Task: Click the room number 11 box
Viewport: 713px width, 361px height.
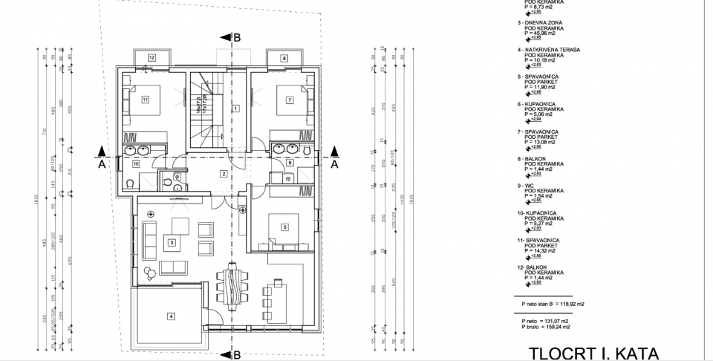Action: pyautogui.click(x=146, y=99)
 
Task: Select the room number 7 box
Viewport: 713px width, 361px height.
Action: pyautogui.click(x=290, y=99)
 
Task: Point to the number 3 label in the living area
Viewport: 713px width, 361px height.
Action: pyautogui.click(x=172, y=242)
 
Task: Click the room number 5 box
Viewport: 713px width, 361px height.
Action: pyautogui.click(x=284, y=227)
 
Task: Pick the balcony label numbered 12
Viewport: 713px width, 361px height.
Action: pyautogui.click(x=151, y=57)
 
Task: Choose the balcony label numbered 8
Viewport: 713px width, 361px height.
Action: pyautogui.click(x=284, y=57)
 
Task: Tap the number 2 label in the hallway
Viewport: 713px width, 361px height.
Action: pyautogui.click(x=222, y=174)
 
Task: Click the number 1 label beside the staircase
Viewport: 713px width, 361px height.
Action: pyautogui.click(x=235, y=108)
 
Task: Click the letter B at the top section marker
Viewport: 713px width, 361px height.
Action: pyautogui.click(x=237, y=36)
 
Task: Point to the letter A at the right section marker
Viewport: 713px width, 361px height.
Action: pyautogui.click(x=335, y=165)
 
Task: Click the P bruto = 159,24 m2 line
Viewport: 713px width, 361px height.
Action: pyautogui.click(x=546, y=326)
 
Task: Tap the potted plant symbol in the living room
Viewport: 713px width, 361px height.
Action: pyautogui.click(x=150, y=272)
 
